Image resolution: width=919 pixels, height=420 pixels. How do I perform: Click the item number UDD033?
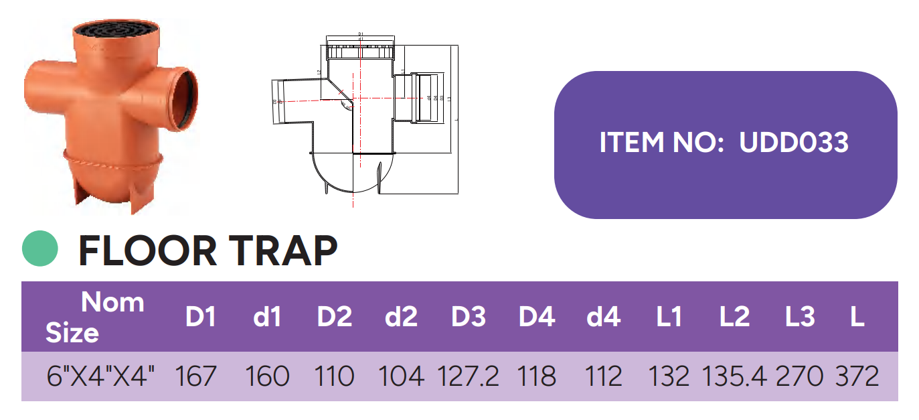(x=794, y=143)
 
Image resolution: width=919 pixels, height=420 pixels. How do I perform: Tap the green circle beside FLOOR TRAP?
(x=40, y=249)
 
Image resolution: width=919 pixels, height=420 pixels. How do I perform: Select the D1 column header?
(x=200, y=317)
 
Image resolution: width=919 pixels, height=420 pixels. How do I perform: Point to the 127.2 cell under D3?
(x=468, y=376)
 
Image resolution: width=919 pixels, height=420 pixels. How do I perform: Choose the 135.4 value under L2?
(x=734, y=376)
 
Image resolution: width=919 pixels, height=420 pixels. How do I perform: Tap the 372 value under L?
(x=857, y=376)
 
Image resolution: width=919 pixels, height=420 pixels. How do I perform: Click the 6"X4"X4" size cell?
(x=101, y=376)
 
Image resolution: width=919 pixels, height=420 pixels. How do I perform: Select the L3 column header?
(x=799, y=317)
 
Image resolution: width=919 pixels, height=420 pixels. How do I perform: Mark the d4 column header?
(x=603, y=317)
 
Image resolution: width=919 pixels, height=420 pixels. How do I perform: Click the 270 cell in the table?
(x=799, y=376)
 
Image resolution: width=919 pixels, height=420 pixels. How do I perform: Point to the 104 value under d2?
(x=401, y=376)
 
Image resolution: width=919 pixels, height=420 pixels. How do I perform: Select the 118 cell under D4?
(x=537, y=376)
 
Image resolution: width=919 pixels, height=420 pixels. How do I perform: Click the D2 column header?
(x=335, y=317)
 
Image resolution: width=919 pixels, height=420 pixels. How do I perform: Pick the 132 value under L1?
(x=669, y=376)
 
